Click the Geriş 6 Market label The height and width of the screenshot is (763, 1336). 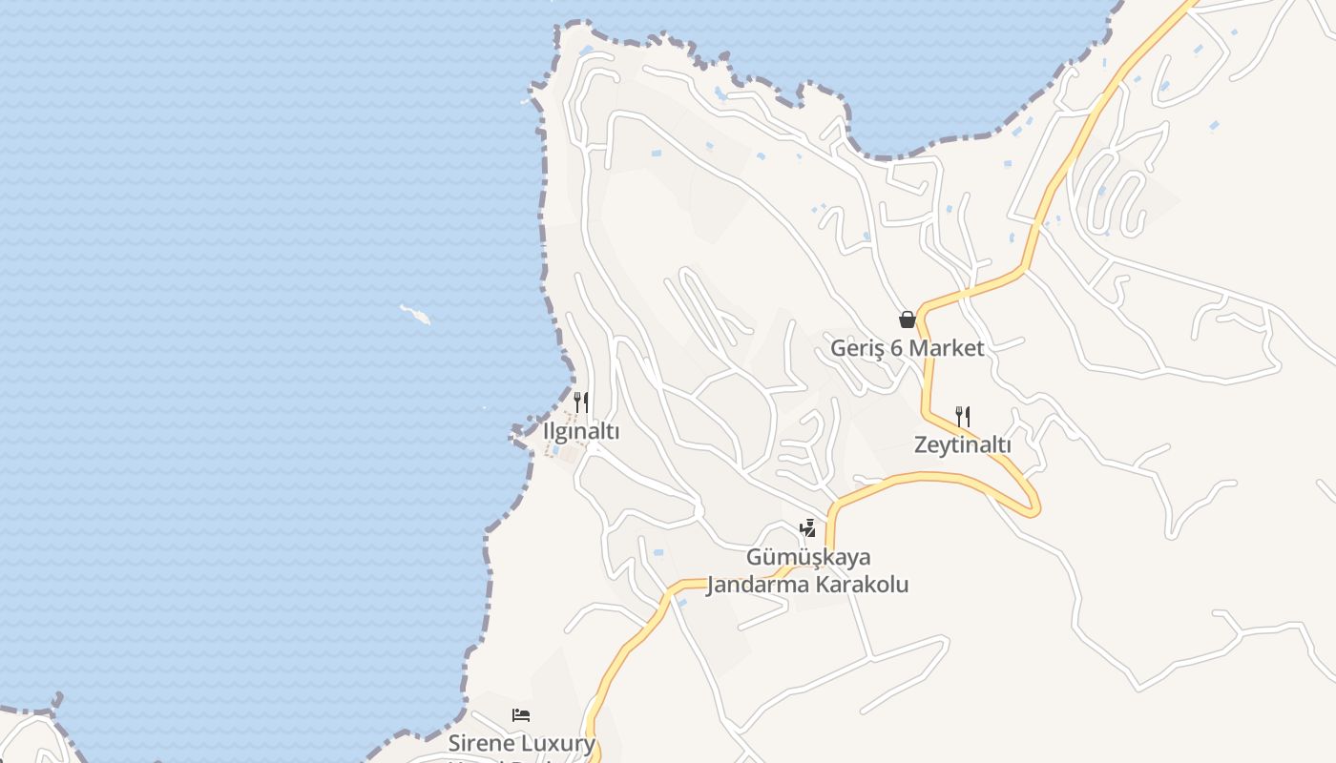(x=907, y=348)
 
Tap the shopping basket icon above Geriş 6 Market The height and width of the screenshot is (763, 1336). (x=907, y=320)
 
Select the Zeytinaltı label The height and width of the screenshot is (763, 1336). (x=962, y=444)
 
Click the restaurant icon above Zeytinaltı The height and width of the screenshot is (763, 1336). (x=962, y=416)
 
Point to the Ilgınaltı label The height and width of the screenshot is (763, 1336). (x=581, y=431)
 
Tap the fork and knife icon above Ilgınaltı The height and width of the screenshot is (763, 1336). (x=580, y=402)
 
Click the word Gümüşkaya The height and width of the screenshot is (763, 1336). (x=808, y=557)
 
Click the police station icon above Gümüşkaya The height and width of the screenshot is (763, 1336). (x=807, y=527)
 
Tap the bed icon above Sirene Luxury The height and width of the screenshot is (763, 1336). (x=521, y=714)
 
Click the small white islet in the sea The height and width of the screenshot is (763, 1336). (x=415, y=314)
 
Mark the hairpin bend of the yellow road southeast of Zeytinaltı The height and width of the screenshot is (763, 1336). (x=1033, y=505)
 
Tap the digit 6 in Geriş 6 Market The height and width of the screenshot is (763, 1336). (x=896, y=348)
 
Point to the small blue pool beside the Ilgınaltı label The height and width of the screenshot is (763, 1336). (x=555, y=449)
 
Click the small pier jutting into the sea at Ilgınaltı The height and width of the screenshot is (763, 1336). (x=521, y=432)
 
